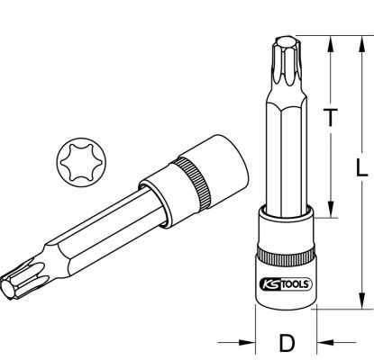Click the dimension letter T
pyautogui.click(x=330, y=117)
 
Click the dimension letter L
pyautogui.click(x=361, y=167)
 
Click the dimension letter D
pyautogui.click(x=287, y=343)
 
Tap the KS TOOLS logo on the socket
pyautogui.click(x=286, y=283)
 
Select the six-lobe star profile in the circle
pyautogui.click(x=81, y=162)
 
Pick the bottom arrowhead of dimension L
pyautogui.click(x=362, y=299)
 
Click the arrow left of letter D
pyautogui.click(x=236, y=342)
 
